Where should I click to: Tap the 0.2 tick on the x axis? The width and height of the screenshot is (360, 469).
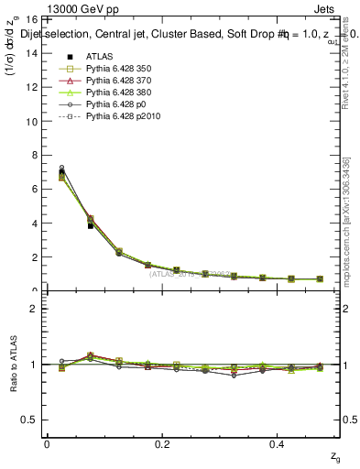(x=163, y=444)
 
